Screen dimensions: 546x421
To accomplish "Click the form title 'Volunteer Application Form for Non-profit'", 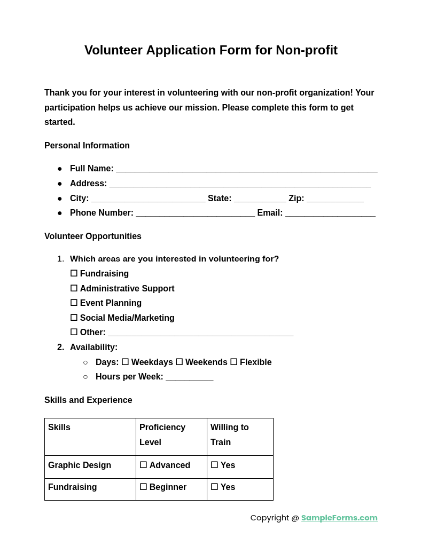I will (x=210, y=50).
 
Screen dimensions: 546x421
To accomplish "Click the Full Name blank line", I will (x=246, y=169).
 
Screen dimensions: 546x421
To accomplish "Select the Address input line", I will (x=240, y=184).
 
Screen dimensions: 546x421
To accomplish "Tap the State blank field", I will (x=260, y=199).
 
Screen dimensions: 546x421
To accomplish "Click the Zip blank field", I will (x=335, y=199).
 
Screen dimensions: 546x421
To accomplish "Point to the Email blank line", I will (x=330, y=213).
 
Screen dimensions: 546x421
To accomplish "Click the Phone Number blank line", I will (x=195, y=213).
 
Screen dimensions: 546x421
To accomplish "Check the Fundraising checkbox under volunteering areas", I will (x=74, y=274).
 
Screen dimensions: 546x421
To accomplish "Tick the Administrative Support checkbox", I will (x=74, y=289).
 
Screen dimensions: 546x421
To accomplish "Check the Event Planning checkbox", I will (x=74, y=303).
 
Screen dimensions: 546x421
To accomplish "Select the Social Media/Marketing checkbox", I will (x=74, y=318).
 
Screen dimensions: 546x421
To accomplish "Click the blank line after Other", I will (x=200, y=333).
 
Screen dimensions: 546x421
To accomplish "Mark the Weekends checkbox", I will (x=180, y=362).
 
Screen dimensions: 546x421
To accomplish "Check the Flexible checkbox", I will (x=234, y=362).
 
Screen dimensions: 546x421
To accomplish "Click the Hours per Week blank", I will (x=190, y=377).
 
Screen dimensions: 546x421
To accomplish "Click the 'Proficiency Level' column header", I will (x=162, y=435).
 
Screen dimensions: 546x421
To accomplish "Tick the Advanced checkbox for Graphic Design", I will (x=143, y=465).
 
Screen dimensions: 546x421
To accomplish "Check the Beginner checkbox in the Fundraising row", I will (x=143, y=487).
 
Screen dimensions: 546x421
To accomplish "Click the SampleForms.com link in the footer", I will (x=339, y=518).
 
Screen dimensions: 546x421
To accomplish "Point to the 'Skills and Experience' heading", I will (x=88, y=400).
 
